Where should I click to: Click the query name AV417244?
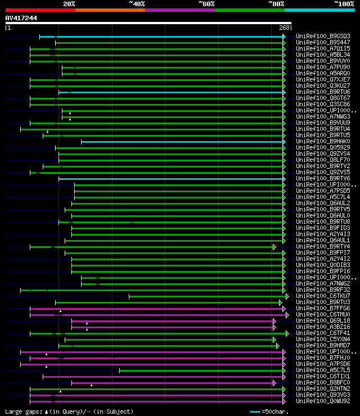[21, 18]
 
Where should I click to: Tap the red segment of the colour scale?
[40, 10]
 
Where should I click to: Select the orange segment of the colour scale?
[110, 10]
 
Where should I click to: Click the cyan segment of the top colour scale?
[319, 10]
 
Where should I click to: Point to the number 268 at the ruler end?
[284, 28]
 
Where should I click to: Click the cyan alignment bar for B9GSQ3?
[169, 37]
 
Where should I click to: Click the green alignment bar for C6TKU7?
[208, 296]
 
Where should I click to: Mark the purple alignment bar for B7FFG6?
[157, 309]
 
